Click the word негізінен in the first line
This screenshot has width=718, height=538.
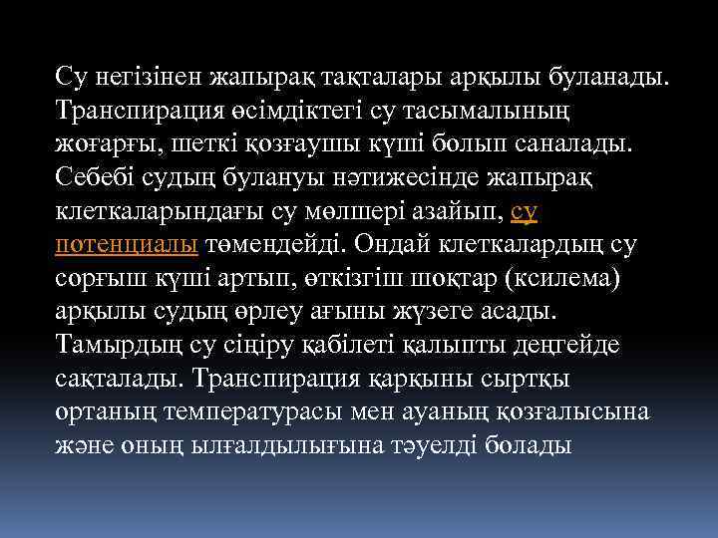click(x=146, y=75)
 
